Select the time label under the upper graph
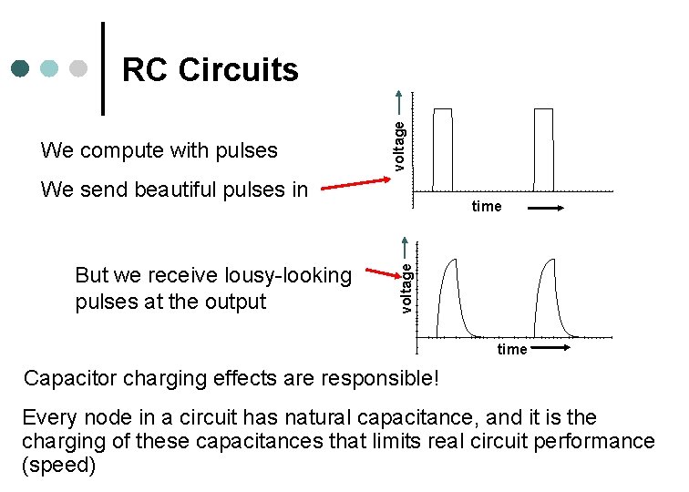tap(487, 207)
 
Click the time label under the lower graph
tap(511, 350)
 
